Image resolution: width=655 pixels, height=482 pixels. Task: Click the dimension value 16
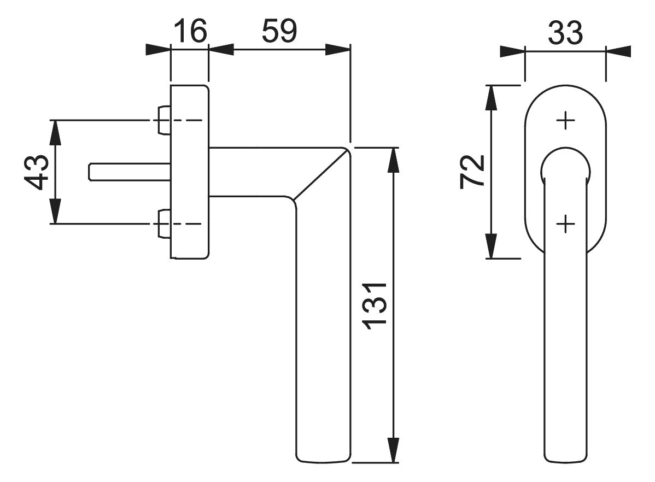[x=190, y=31]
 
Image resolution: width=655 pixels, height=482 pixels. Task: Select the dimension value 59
[x=279, y=31]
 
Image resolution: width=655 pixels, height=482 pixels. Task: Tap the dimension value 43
[x=37, y=172]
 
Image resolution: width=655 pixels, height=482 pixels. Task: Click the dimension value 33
[x=565, y=33]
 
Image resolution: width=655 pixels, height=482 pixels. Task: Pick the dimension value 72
[x=472, y=172]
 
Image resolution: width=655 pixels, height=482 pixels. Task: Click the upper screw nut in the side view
[x=164, y=120]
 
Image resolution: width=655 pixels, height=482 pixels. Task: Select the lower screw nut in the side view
[x=164, y=224]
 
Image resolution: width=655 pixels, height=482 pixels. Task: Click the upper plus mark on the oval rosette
[x=566, y=121]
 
